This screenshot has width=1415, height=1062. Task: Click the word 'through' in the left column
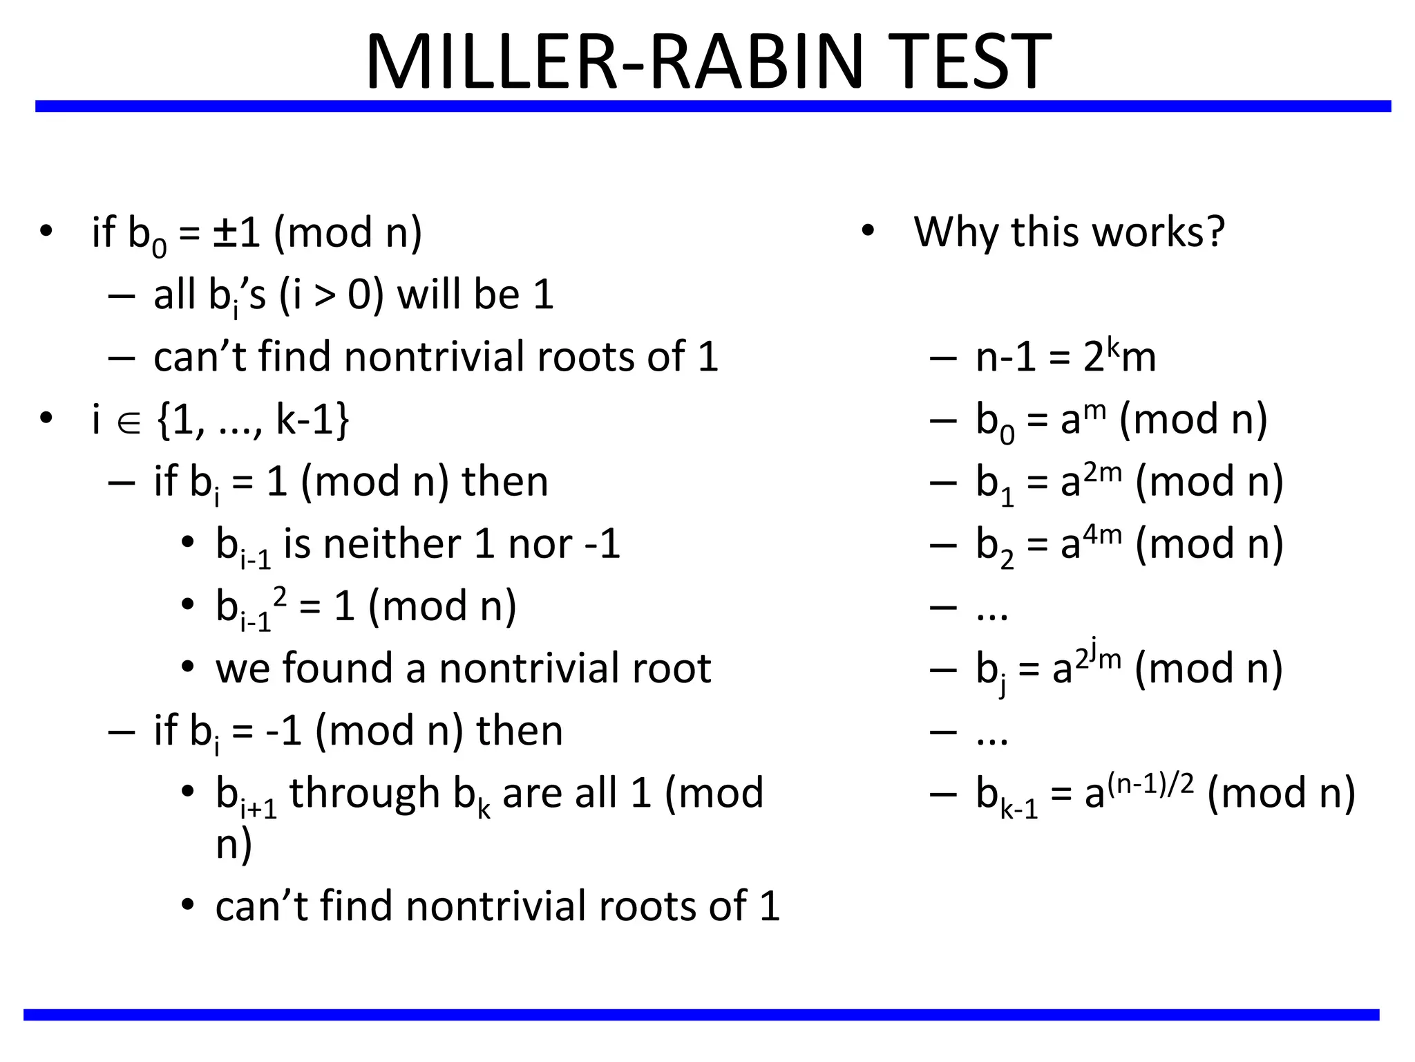tap(364, 792)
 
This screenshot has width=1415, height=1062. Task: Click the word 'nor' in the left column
tap(540, 545)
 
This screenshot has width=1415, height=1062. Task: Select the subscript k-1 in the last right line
tap(1019, 808)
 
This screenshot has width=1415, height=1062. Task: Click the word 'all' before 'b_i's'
tap(173, 295)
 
